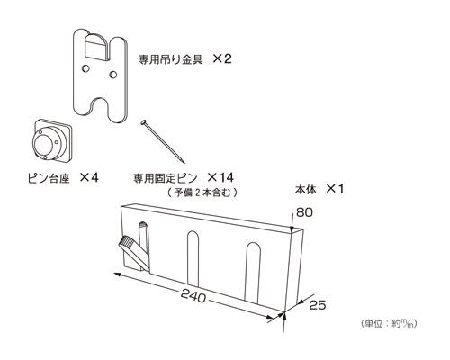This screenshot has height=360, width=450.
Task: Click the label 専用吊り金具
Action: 170,59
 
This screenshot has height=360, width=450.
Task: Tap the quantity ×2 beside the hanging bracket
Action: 222,58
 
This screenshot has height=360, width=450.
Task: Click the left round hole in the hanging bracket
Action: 85,68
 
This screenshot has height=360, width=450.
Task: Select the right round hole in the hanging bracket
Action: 113,75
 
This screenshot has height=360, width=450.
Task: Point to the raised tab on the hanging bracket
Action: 96,47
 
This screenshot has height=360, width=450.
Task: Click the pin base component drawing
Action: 51,140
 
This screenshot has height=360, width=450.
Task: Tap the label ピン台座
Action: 49,179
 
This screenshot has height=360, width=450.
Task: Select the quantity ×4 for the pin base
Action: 89,178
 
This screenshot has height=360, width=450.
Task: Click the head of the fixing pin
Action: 144,122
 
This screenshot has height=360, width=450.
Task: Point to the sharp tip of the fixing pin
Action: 183,162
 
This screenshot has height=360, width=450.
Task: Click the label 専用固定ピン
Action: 166,178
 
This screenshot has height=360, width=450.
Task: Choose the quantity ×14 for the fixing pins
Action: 220,178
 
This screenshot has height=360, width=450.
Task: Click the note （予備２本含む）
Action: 202,193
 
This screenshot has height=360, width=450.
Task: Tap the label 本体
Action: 306,189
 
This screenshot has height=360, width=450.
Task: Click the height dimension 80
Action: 304,212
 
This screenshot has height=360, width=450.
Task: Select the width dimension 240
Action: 193,296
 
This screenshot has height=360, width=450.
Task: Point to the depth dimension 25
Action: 318,305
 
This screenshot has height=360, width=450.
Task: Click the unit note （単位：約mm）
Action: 389,324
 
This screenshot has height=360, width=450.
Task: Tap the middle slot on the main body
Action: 193,258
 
